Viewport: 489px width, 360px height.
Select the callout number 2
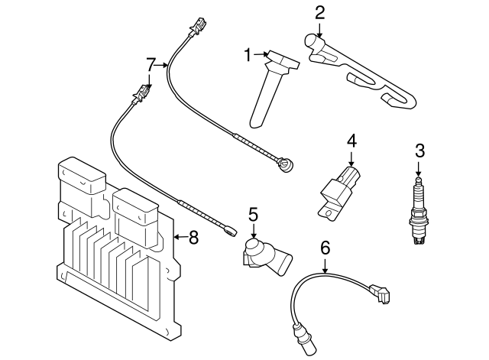point(319,11)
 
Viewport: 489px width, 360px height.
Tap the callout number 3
point(419,150)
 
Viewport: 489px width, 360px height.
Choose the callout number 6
point(325,247)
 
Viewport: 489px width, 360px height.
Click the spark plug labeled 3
point(418,210)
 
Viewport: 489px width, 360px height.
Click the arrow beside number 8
point(179,238)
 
